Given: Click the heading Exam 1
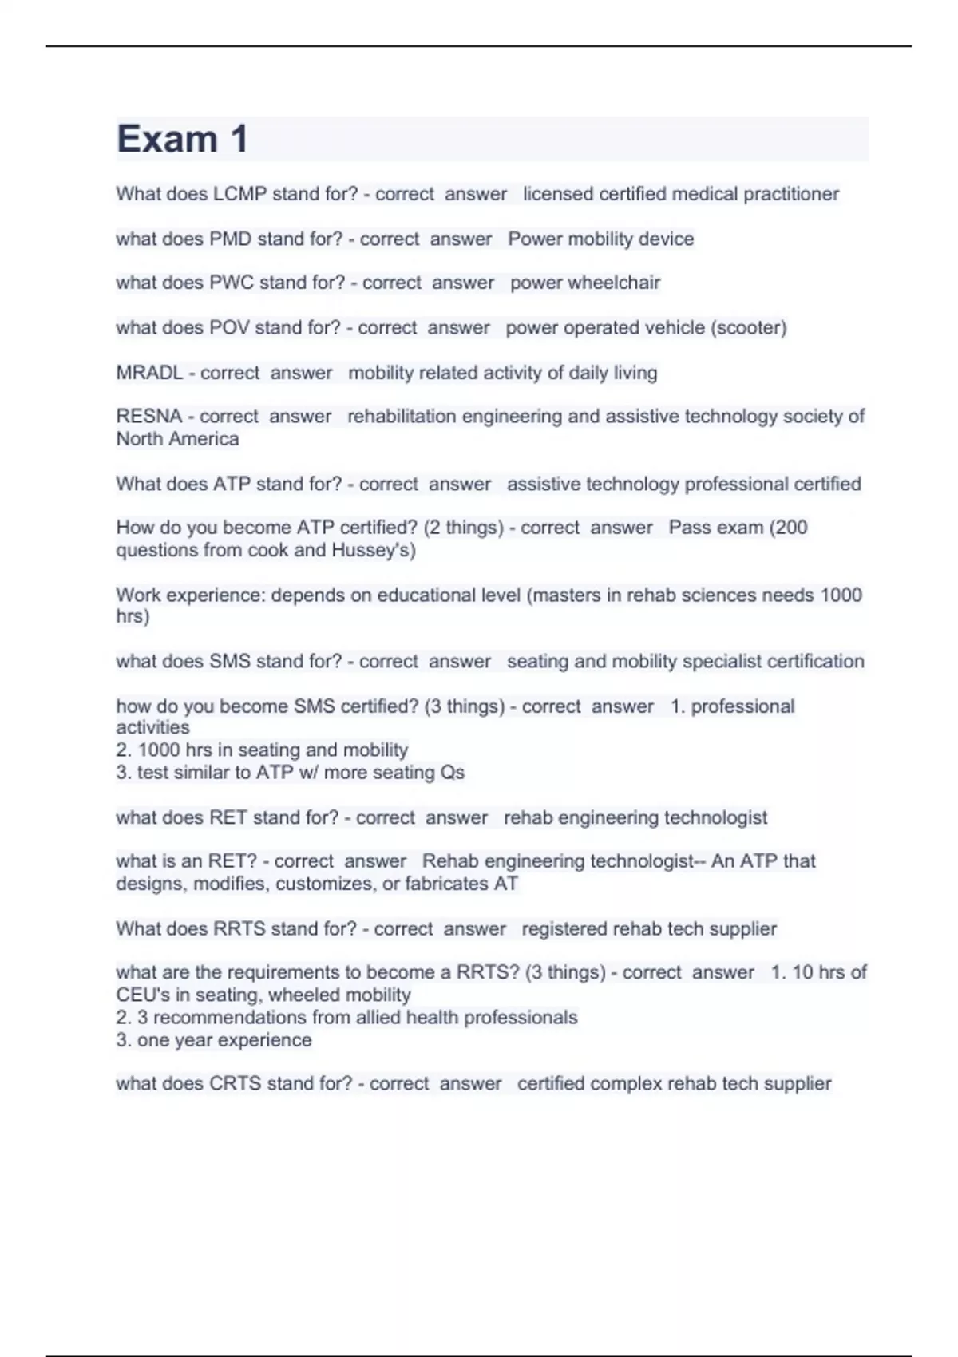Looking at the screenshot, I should pos(182,140).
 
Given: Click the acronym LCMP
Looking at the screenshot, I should pos(240,194).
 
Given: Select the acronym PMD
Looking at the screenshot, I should pos(230,239).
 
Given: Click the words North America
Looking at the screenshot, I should pos(177,439).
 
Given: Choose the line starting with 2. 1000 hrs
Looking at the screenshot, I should pos(262,750).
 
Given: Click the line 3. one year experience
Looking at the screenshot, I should pos(214,1040).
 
